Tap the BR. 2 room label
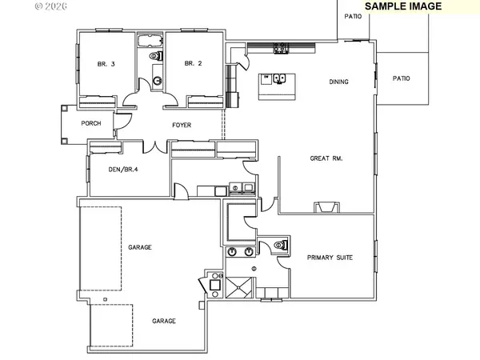190,64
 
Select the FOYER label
182,126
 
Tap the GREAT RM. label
326,158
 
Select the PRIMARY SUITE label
330,258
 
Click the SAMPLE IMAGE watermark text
403,6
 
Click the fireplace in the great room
326,206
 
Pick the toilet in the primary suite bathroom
279,246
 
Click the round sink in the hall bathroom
156,81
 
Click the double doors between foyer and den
155,146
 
